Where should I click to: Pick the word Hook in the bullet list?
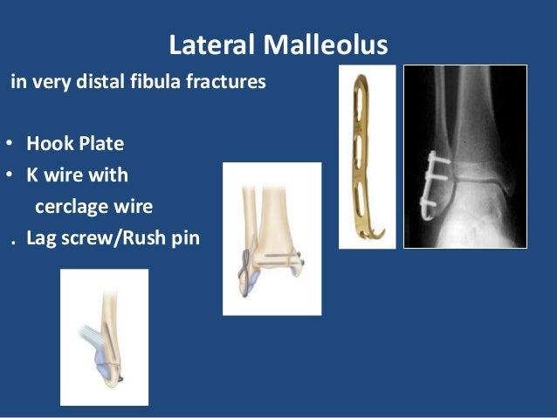tap(45, 144)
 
